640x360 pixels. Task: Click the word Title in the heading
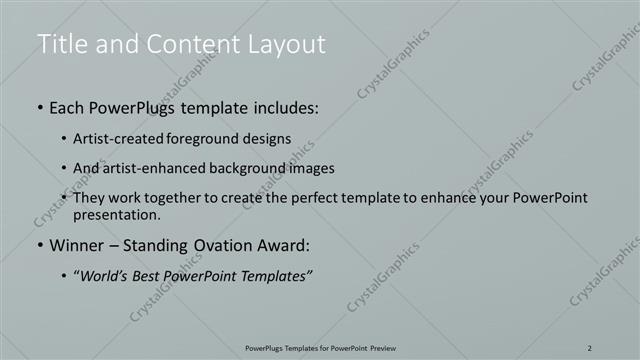tap(60, 44)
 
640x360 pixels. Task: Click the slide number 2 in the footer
tap(590, 347)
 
